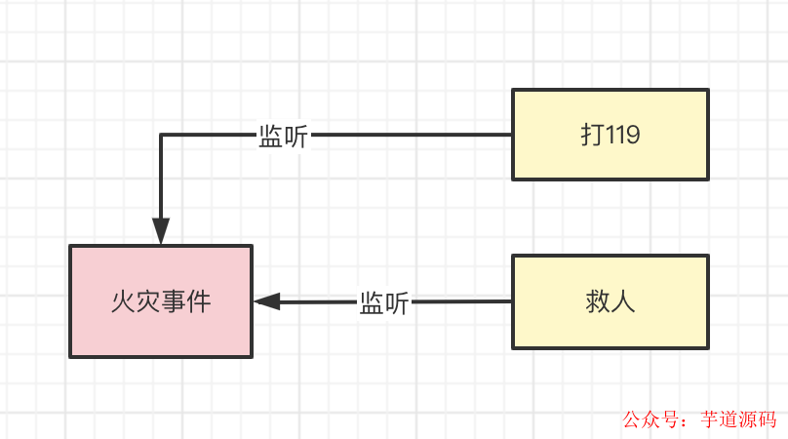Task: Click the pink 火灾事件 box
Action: point(161,300)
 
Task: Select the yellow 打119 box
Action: point(611,135)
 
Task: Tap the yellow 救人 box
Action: point(611,301)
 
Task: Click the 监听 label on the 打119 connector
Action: point(283,137)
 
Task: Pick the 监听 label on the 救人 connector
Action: point(384,302)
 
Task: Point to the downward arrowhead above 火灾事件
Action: point(161,232)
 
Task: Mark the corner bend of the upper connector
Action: point(161,135)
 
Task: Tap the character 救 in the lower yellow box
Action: point(599,301)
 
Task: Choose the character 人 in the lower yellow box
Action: point(624,301)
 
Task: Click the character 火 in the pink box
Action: point(123,301)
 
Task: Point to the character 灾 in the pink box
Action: point(148,301)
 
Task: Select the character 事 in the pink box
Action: point(174,301)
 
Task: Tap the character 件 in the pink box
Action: point(199,301)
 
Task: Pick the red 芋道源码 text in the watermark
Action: point(738,419)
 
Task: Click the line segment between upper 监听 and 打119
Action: point(410,135)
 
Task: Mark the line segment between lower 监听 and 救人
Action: point(460,301)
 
